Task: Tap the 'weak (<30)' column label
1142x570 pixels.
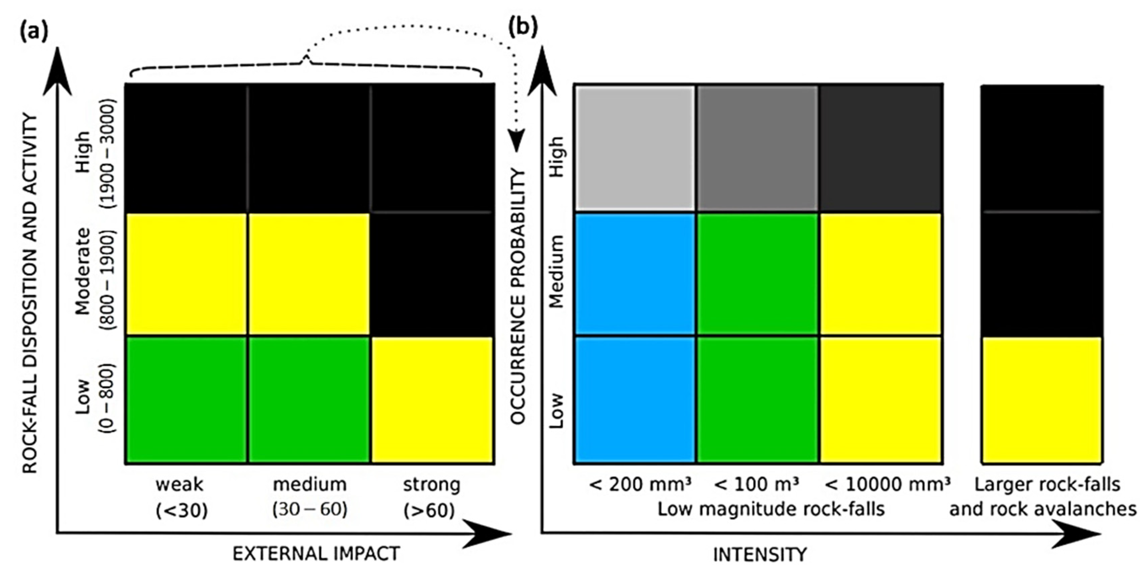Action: [x=180, y=497]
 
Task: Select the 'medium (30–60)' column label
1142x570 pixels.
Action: [x=309, y=497]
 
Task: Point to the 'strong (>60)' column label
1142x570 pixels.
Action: [x=431, y=497]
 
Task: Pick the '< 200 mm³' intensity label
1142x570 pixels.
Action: [x=640, y=485]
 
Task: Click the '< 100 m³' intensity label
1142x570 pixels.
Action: [x=757, y=485]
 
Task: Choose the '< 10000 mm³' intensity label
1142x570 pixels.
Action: [x=887, y=485]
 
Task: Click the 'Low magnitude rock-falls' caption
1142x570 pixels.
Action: [x=771, y=509]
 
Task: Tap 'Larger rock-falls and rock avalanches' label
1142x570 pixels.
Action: [x=1043, y=497]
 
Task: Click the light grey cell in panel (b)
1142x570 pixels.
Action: [x=635, y=147]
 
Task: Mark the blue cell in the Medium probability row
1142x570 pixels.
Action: [x=635, y=274]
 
